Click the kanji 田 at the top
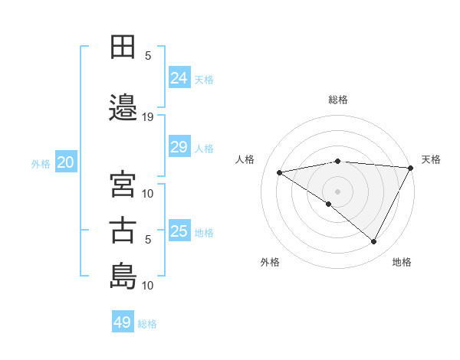(x=123, y=47)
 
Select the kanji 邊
(x=123, y=108)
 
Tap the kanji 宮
(x=123, y=185)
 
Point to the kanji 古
(x=123, y=231)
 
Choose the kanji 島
(x=123, y=276)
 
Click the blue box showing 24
(x=179, y=77)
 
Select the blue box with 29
(x=179, y=147)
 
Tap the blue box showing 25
(x=179, y=231)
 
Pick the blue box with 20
(x=66, y=162)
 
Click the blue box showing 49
(x=122, y=322)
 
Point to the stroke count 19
(x=148, y=117)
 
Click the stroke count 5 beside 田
(x=148, y=56)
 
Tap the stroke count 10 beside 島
(x=148, y=286)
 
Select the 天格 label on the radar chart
(x=431, y=159)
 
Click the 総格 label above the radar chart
(x=337, y=100)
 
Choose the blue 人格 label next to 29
(x=204, y=148)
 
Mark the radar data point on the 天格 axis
(x=412, y=168)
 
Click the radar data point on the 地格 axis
(x=374, y=242)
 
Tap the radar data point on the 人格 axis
(x=280, y=172)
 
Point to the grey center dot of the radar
(x=337, y=191)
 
